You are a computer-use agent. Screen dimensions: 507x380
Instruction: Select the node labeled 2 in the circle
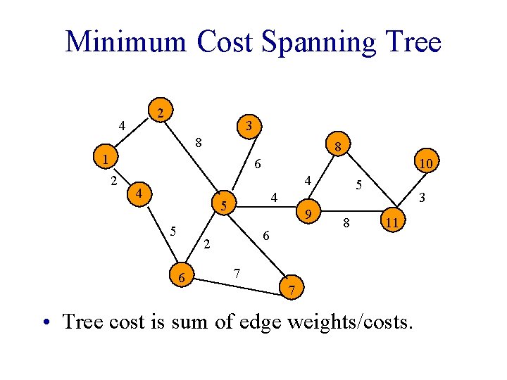161,113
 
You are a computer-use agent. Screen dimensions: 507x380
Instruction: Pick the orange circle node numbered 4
139,194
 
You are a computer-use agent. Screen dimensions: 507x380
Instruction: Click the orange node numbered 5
223,206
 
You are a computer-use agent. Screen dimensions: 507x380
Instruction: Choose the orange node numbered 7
292,289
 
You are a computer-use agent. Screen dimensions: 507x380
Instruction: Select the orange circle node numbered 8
338,148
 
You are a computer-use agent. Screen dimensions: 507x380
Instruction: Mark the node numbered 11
394,222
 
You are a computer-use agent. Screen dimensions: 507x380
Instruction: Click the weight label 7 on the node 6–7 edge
237,272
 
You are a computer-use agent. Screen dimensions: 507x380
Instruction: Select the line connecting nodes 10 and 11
411,193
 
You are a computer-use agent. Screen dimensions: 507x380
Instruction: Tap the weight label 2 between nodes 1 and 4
113,181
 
